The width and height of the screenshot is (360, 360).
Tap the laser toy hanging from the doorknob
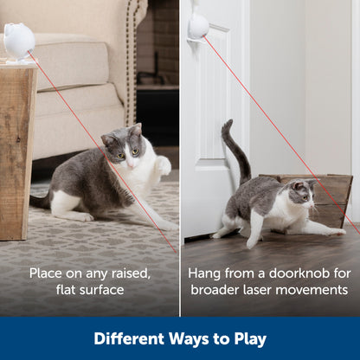[x=199, y=26]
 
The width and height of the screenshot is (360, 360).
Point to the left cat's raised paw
[x=163, y=164]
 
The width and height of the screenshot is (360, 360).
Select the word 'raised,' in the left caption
[x=125, y=272]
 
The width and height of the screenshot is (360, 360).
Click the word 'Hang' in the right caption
[x=205, y=272]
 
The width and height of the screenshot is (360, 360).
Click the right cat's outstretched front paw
[x=334, y=231]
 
